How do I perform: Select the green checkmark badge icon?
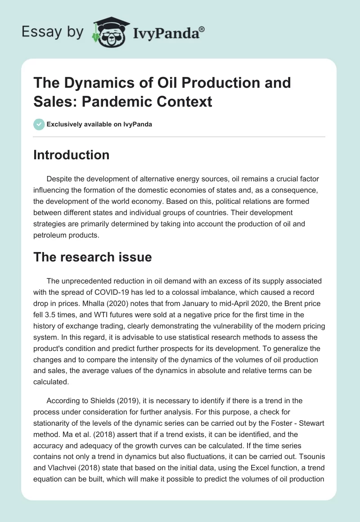(39, 124)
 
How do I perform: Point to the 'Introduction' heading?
(72, 155)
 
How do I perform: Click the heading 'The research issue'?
(93, 257)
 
